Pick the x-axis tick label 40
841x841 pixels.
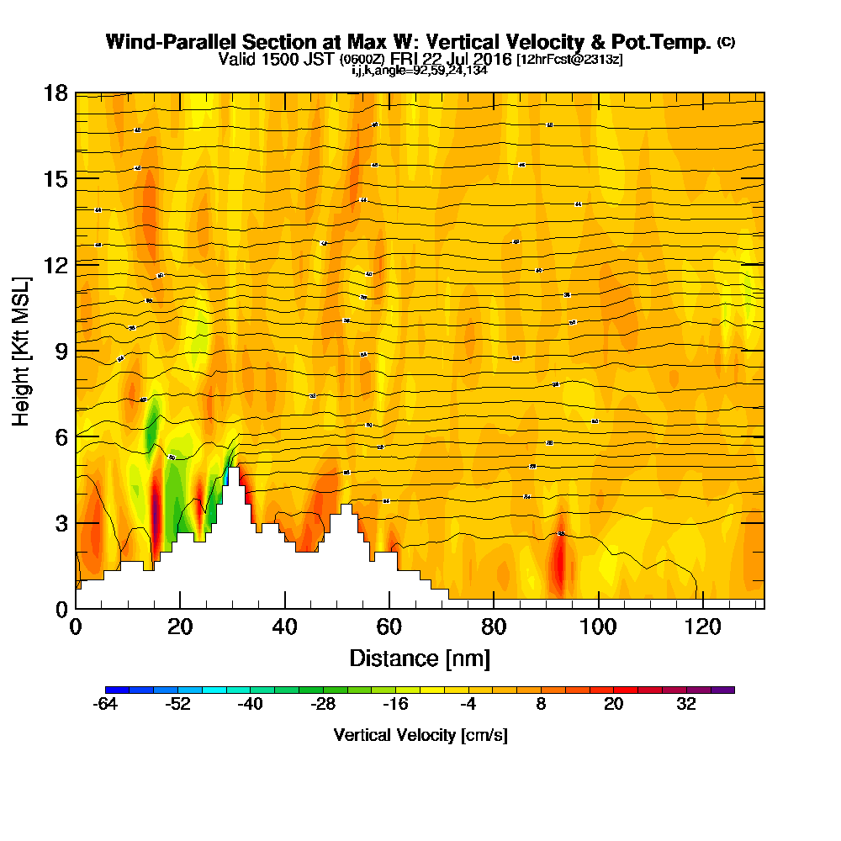click(x=285, y=627)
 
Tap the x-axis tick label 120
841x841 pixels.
click(x=701, y=627)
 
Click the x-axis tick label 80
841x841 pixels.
click(x=494, y=627)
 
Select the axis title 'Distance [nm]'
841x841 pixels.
click(x=419, y=657)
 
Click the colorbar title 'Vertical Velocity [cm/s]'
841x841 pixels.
click(x=420, y=735)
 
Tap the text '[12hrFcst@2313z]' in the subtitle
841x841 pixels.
click(x=569, y=60)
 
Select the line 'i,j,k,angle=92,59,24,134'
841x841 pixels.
click(x=420, y=71)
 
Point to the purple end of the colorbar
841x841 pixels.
click(x=728, y=690)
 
